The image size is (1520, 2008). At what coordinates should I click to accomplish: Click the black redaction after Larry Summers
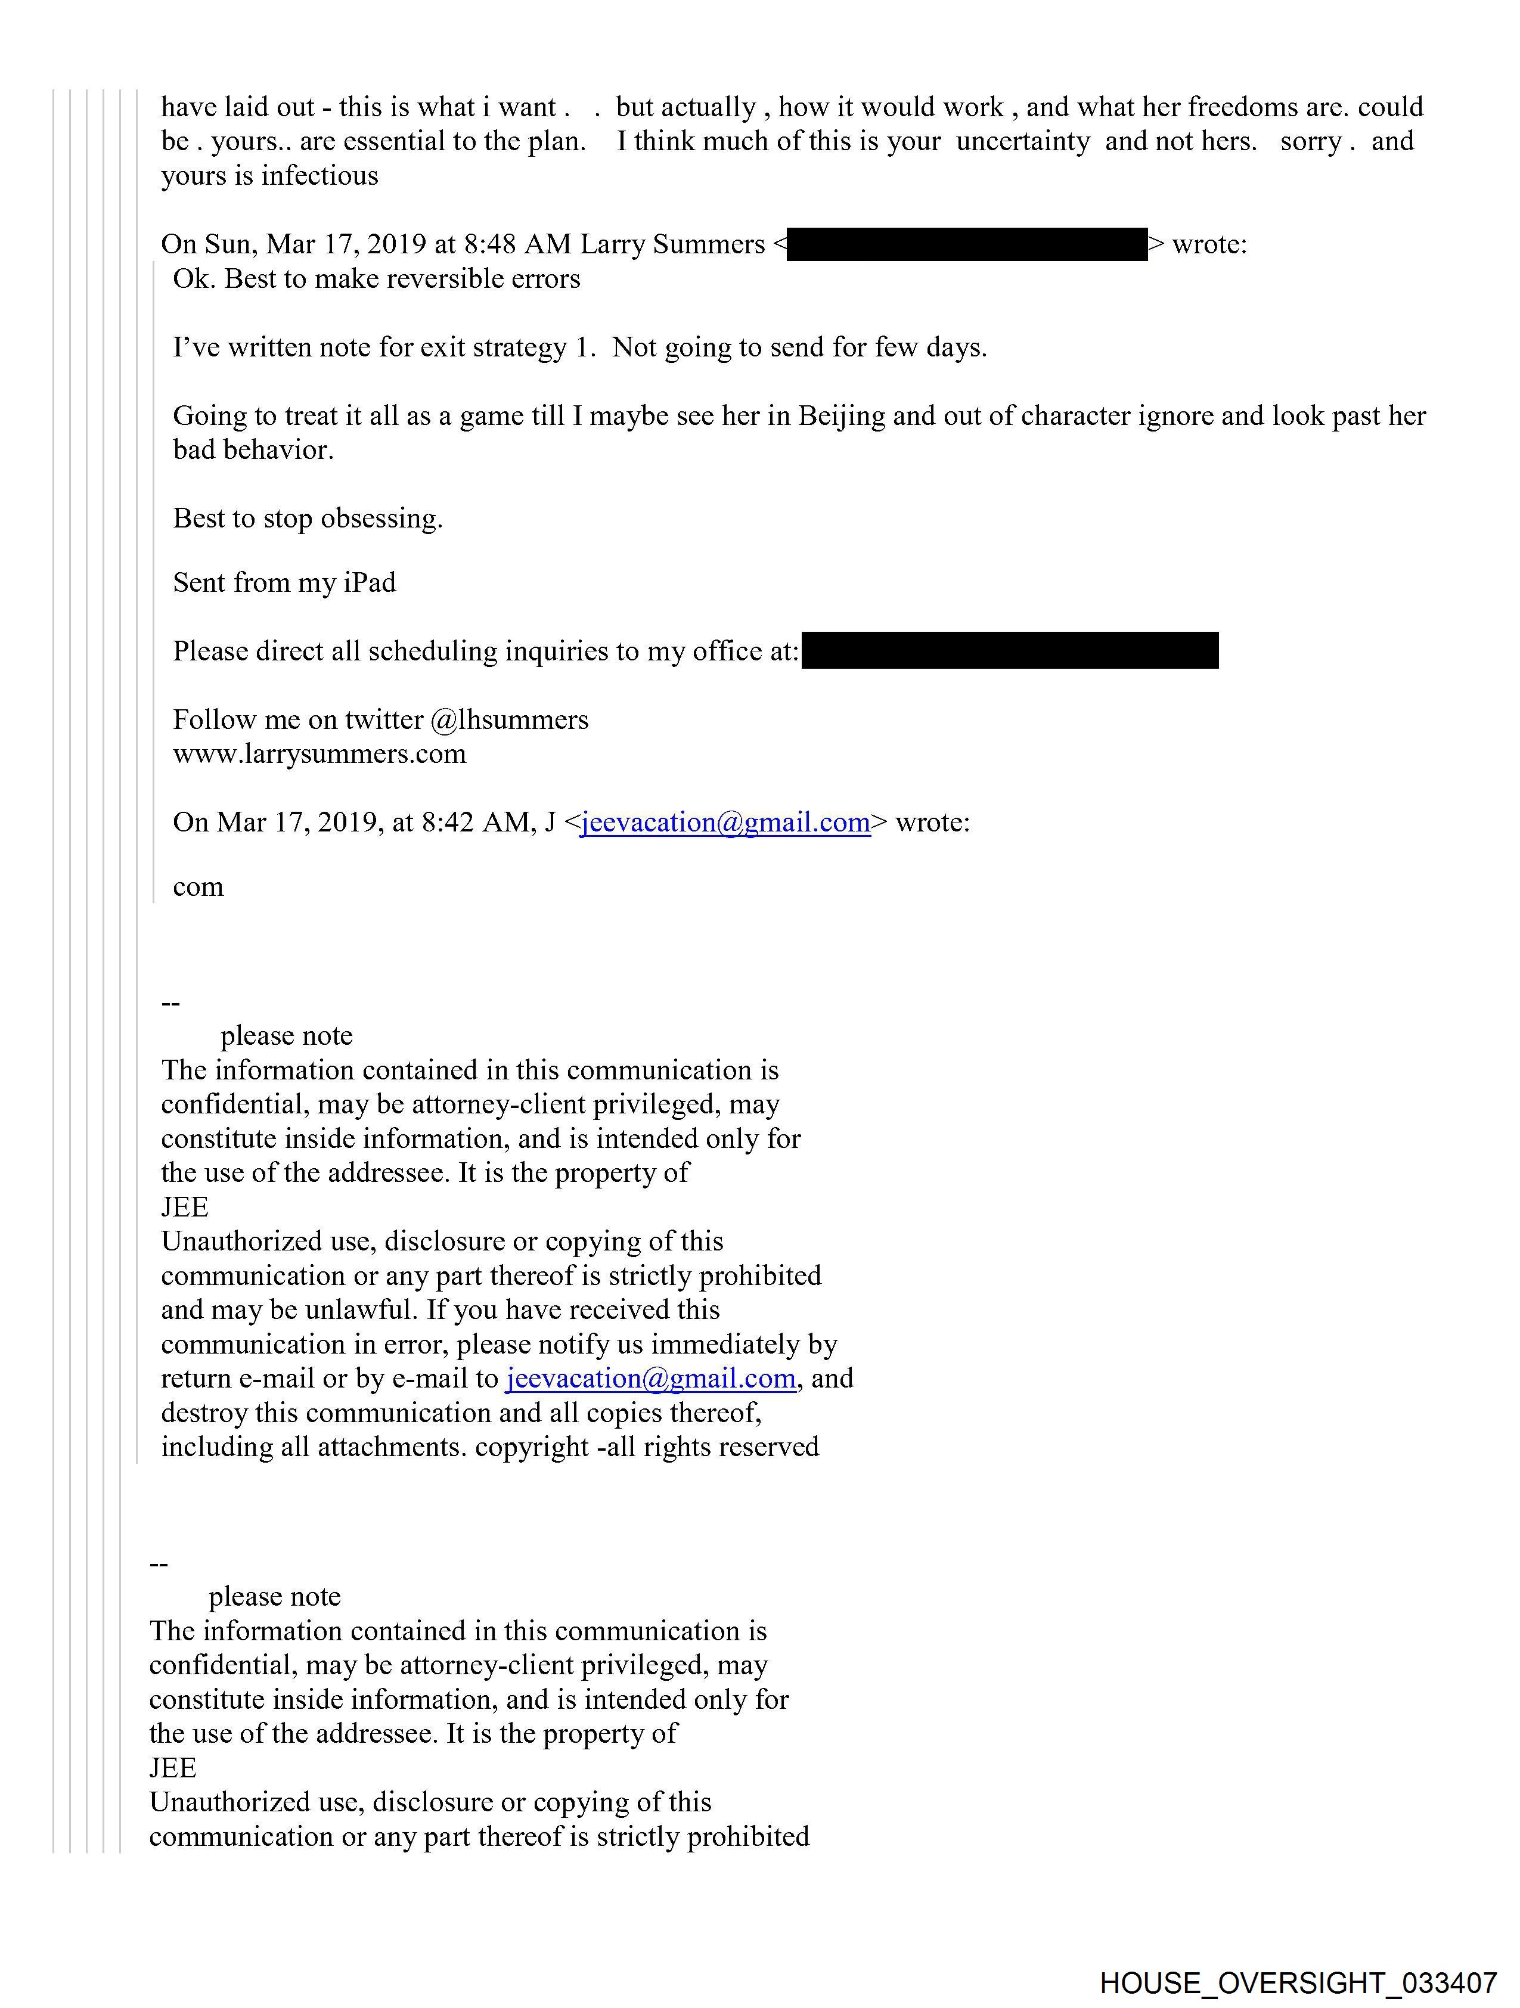pos(966,245)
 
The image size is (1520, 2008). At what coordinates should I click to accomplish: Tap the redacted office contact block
pos(1010,651)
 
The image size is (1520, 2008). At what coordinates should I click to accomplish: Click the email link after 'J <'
pos(725,823)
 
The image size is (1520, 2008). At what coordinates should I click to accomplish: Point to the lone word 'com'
pos(198,887)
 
